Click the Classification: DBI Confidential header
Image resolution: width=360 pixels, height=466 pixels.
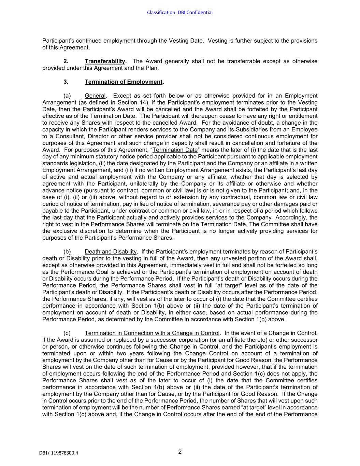(x=180, y=13)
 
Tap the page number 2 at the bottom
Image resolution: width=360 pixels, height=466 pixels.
(x=180, y=452)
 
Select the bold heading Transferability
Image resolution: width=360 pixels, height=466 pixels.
(x=105, y=61)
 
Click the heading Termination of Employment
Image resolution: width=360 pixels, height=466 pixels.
(x=124, y=82)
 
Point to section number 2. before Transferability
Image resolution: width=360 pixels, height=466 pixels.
(x=66, y=61)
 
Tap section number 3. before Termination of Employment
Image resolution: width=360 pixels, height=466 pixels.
(x=66, y=82)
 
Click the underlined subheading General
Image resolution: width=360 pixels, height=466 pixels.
(x=95, y=96)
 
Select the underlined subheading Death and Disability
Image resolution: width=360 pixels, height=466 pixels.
(x=111, y=252)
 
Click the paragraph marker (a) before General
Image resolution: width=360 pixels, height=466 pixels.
(x=67, y=96)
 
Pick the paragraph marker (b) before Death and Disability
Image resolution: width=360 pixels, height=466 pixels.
(x=67, y=252)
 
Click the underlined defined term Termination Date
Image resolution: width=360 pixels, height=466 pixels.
(x=175, y=150)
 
